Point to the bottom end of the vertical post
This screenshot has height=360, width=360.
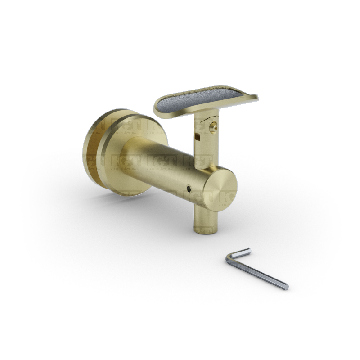205,229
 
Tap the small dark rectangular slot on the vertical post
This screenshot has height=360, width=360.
195,134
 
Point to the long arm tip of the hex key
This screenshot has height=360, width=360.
285,286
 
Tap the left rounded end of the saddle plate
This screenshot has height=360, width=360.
157,108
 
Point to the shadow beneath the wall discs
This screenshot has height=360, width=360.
103,198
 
